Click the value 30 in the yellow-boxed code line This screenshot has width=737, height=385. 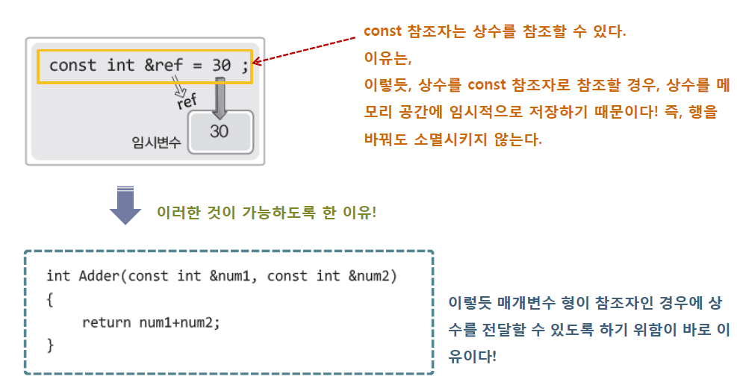pyautogui.click(x=221, y=66)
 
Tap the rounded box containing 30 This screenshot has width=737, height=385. pyautogui.click(x=220, y=131)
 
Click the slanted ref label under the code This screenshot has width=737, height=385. pyautogui.click(x=187, y=101)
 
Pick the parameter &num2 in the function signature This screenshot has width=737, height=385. pyautogui.click(x=369, y=276)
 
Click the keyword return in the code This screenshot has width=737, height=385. pyautogui.click(x=108, y=322)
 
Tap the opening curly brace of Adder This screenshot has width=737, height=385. pyautogui.click(x=50, y=299)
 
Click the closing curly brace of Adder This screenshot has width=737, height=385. pyautogui.click(x=50, y=345)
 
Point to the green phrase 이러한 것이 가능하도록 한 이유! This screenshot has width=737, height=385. pyautogui.click(x=266, y=212)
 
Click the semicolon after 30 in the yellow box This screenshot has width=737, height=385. pyautogui.click(x=244, y=66)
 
